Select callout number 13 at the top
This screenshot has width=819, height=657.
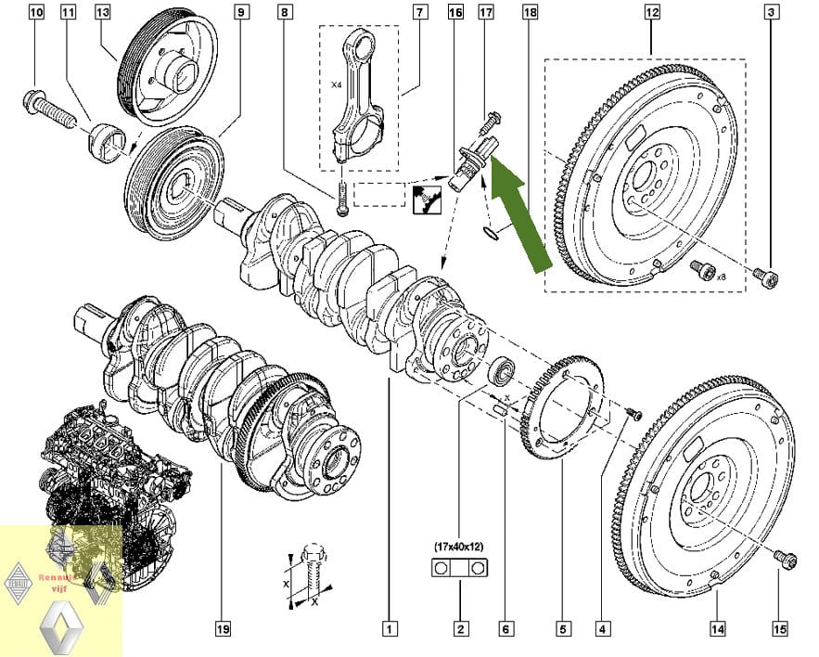[x=102, y=13]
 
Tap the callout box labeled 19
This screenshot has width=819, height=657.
[x=223, y=629]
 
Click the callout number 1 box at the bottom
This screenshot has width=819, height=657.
[x=390, y=629]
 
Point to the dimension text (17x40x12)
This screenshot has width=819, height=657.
[x=459, y=547]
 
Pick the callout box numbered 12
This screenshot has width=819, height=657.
[x=651, y=13]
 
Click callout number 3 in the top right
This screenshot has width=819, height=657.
[x=772, y=13]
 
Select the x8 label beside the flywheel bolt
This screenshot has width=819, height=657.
[x=722, y=277]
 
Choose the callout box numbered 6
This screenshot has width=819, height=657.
[x=505, y=629]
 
